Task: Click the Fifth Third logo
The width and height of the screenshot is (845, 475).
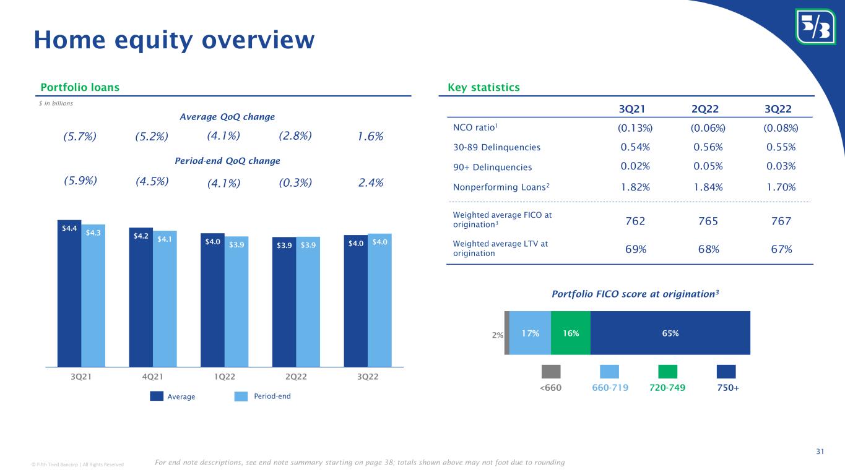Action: tap(815, 27)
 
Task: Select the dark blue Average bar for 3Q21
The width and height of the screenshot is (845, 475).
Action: tap(69, 293)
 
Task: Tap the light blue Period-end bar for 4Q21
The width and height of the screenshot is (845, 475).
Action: tap(165, 299)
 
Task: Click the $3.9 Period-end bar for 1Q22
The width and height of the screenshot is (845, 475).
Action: tap(236, 302)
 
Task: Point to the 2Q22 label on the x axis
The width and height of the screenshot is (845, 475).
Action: tap(296, 377)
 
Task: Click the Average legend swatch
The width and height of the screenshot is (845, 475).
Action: tap(157, 396)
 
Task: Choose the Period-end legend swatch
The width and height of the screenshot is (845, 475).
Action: tap(241, 396)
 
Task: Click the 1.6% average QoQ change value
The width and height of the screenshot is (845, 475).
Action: tap(370, 136)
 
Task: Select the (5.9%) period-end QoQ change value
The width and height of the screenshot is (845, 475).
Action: tap(80, 181)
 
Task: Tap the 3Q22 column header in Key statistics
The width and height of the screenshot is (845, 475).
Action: tap(778, 109)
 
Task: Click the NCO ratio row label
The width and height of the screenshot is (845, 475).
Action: tap(475, 127)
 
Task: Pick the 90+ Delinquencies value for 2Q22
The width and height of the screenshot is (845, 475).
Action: tap(708, 166)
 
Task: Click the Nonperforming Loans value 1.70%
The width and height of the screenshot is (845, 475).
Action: tap(781, 187)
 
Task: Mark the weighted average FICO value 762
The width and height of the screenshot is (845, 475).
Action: tap(635, 221)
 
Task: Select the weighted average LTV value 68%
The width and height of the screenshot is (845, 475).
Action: tap(708, 249)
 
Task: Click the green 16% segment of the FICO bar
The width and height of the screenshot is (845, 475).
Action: tap(571, 333)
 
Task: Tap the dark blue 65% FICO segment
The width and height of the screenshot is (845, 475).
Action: tap(670, 333)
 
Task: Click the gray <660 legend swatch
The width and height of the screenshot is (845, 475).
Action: tap(551, 371)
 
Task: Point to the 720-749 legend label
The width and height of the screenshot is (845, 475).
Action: tap(667, 388)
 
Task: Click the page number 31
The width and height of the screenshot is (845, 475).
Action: tap(820, 451)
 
